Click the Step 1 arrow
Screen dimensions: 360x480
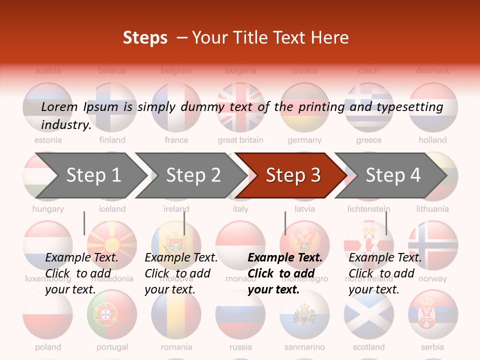[90, 175]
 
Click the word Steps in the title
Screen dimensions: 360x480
[145, 37]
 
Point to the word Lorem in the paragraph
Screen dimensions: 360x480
[59, 106]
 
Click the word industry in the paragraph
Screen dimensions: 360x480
[65, 124]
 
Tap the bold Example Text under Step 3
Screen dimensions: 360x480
[285, 257]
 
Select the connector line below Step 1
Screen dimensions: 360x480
[84, 223]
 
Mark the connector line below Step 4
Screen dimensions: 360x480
[386, 223]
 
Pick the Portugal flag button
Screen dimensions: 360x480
[112, 314]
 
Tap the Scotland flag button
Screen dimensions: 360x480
[368, 314]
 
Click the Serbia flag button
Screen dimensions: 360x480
[433, 314]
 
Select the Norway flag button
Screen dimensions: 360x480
[433, 245]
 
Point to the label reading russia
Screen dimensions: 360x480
[240, 346]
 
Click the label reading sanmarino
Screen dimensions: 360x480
[304, 346]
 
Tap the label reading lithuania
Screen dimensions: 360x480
[433, 208]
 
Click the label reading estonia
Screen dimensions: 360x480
[48, 140]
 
